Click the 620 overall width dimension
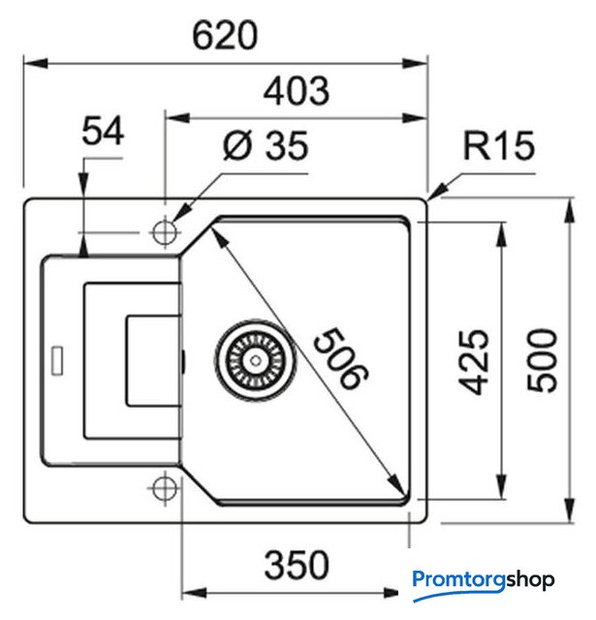pyautogui.click(x=225, y=35)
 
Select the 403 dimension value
pyautogui.click(x=297, y=91)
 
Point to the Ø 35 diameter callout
pyautogui.click(x=264, y=147)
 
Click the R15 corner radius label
pyautogui.click(x=498, y=147)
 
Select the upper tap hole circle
pyautogui.click(x=164, y=232)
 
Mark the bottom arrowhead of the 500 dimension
pyautogui.click(x=568, y=509)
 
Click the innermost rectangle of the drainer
pyautogui.click(x=151, y=358)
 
